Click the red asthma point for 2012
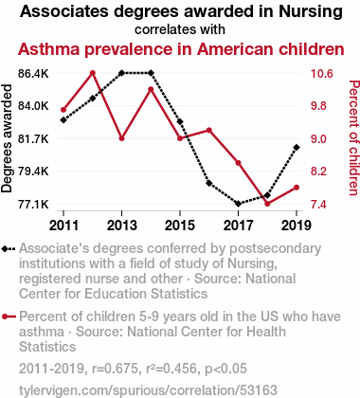[x=93, y=73]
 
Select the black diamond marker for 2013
[x=121, y=73]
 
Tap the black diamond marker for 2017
[x=239, y=204]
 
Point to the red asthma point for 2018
[x=267, y=204]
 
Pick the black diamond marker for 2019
[x=297, y=148]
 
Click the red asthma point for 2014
[x=151, y=89]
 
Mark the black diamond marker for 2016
[x=209, y=183]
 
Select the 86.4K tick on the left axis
[x=33, y=74]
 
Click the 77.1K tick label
[x=33, y=205]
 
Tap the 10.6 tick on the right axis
[x=322, y=74]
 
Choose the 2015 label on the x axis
[x=180, y=226]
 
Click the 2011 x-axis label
[x=63, y=226]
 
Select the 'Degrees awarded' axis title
[x=7, y=138]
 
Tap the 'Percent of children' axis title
[x=353, y=138]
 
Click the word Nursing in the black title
[x=311, y=11]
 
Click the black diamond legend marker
[x=9, y=249]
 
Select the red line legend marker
[x=9, y=317]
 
